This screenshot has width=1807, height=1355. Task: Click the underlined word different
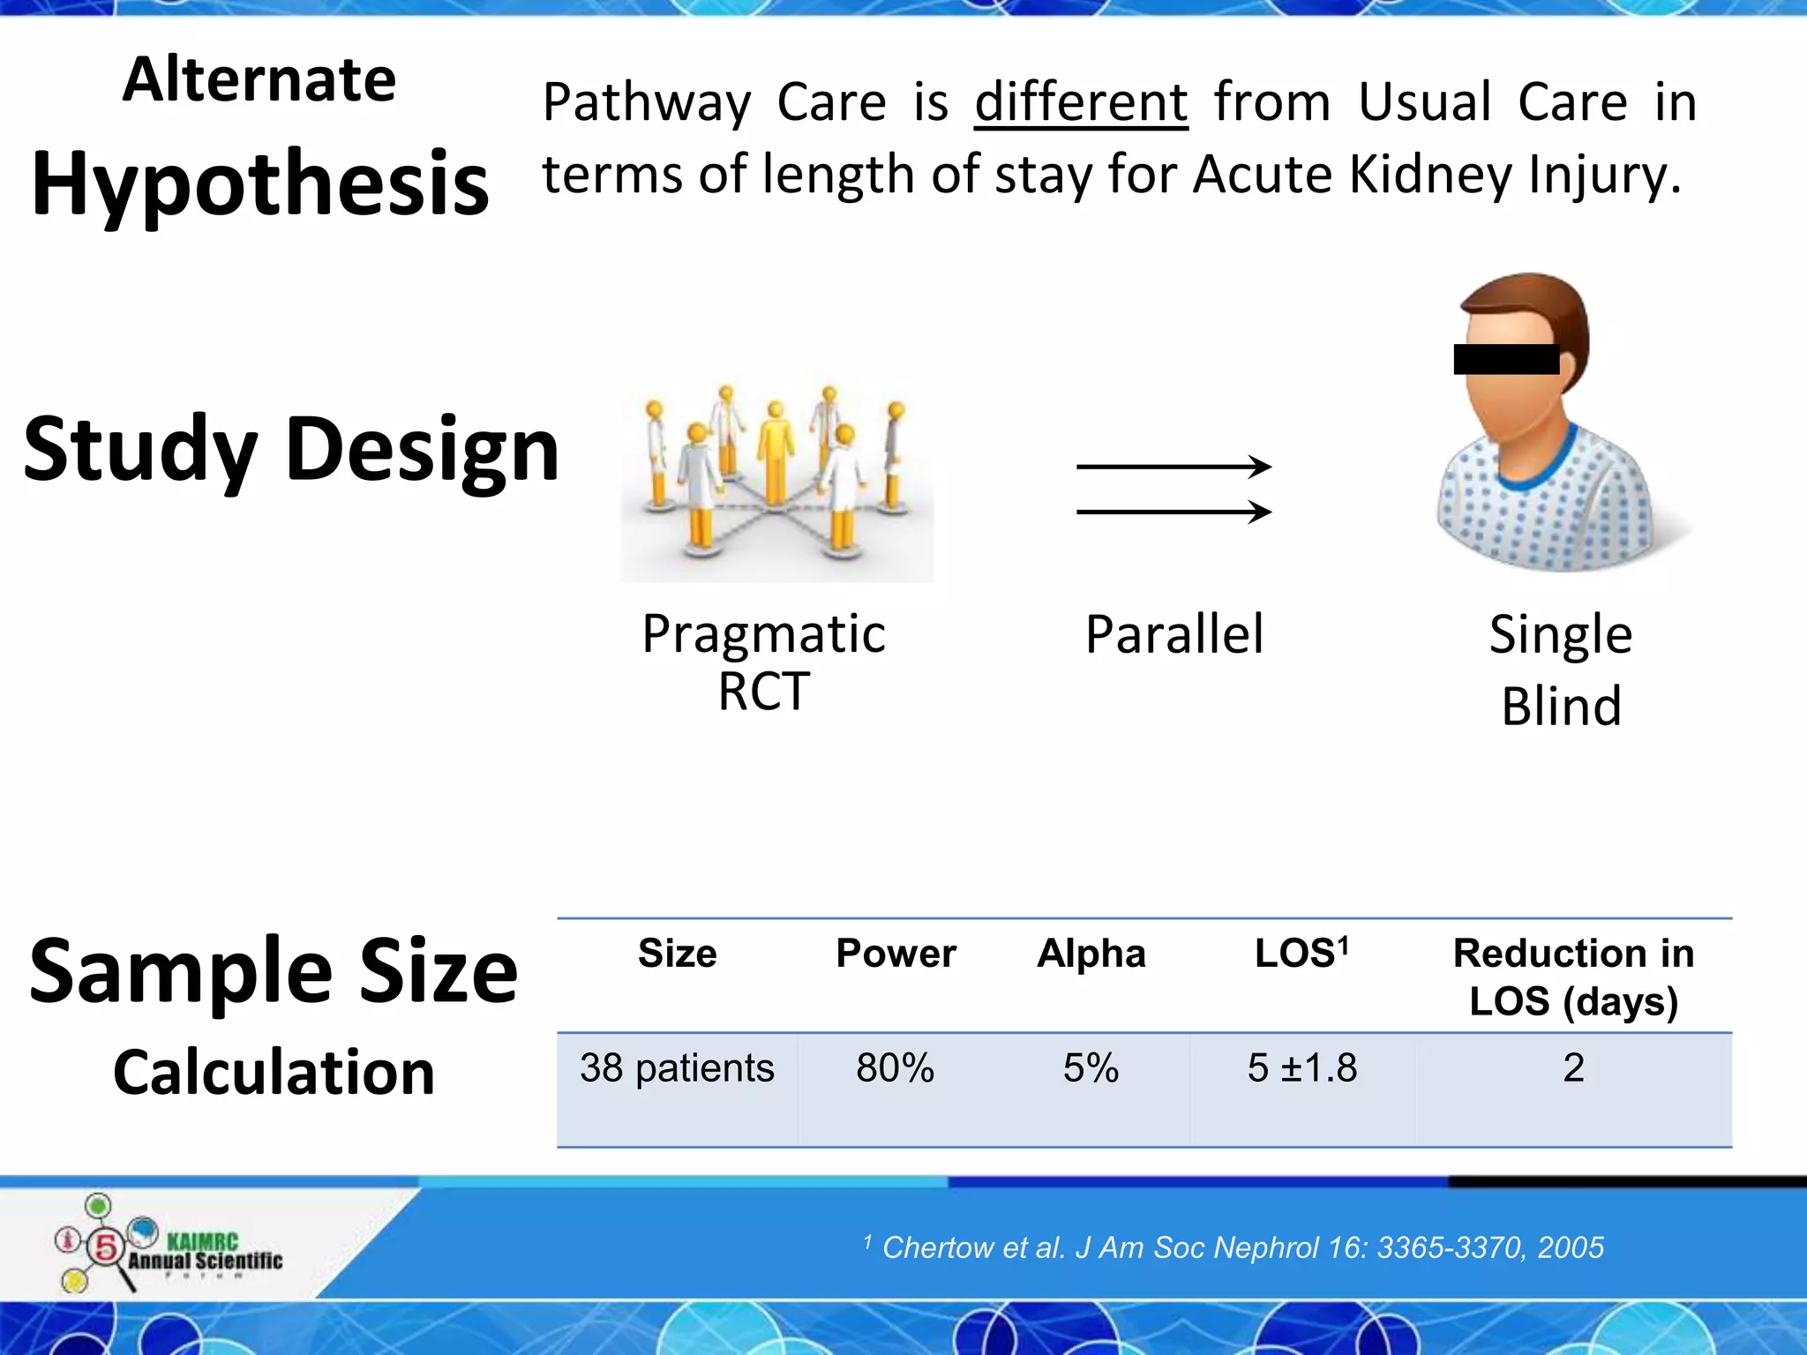click(1081, 102)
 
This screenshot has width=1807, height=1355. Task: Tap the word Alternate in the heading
click(259, 79)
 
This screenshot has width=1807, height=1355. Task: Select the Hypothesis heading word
click(260, 183)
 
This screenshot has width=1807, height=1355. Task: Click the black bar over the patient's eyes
click(1506, 359)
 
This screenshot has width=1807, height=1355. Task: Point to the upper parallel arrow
click(1173, 466)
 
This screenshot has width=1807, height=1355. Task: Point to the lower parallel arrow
click(1173, 512)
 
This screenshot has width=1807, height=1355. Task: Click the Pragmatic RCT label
click(764, 662)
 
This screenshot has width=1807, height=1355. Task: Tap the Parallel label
click(1174, 634)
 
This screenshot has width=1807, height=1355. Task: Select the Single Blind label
click(1561, 670)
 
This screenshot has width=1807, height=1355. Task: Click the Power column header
click(896, 954)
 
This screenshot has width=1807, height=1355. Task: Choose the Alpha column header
click(1091, 954)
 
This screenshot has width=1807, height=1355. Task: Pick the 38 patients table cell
click(677, 1068)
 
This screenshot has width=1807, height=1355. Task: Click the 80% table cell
click(895, 1068)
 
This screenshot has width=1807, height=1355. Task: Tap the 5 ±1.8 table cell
click(1302, 1068)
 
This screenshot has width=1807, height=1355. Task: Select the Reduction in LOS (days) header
click(1573, 977)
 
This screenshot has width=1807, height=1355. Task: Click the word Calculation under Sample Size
click(274, 1073)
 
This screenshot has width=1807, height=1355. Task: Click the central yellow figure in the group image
click(776, 454)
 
